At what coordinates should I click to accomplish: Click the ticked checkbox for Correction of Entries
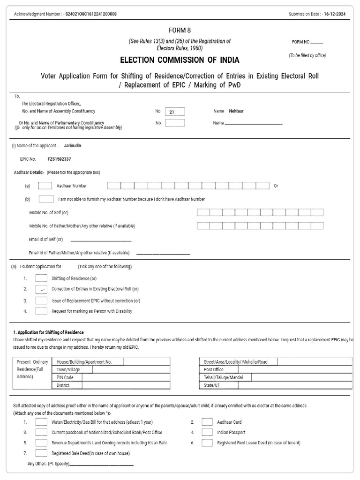(x=41, y=289)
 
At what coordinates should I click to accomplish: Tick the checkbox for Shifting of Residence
(x=41, y=278)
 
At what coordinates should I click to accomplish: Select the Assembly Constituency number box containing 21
(x=175, y=112)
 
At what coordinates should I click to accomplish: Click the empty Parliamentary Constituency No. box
(x=175, y=123)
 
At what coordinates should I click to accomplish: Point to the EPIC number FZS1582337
(x=60, y=159)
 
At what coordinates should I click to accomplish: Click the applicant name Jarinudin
(x=72, y=146)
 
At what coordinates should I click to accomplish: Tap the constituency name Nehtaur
(x=236, y=111)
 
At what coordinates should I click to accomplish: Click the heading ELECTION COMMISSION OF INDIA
(x=180, y=60)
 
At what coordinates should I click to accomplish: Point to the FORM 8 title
(x=180, y=30)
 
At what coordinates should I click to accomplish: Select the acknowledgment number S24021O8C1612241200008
(x=91, y=14)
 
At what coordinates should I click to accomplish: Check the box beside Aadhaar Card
(x=207, y=422)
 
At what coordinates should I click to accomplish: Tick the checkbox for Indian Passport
(x=207, y=432)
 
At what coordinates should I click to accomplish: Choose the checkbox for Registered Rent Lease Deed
(x=207, y=442)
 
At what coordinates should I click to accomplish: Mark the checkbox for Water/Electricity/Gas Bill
(x=41, y=422)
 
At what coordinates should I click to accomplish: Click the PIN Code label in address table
(x=65, y=377)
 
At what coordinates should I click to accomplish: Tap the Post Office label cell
(x=214, y=369)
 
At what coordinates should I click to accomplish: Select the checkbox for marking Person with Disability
(x=41, y=311)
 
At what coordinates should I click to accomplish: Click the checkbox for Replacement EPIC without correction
(x=41, y=300)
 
